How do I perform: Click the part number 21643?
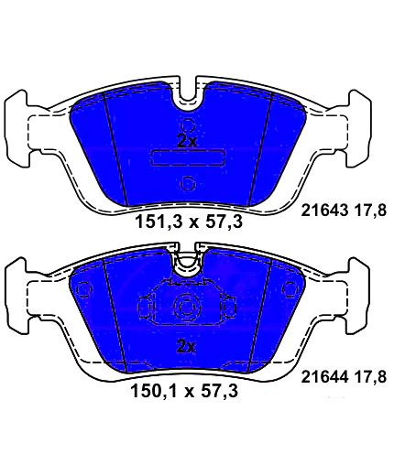tap(324, 211)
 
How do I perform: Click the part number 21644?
tap(324, 377)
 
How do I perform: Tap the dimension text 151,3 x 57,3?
tap(189, 222)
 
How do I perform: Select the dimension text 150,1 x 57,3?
tap(184, 391)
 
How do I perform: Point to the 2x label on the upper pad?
tap(187, 141)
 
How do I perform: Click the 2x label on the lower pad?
tap(186, 347)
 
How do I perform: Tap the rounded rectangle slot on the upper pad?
tap(187, 158)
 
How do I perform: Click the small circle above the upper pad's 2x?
tap(188, 125)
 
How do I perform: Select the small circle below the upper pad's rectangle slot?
tap(188, 184)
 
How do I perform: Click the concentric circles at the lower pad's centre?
tap(187, 308)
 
